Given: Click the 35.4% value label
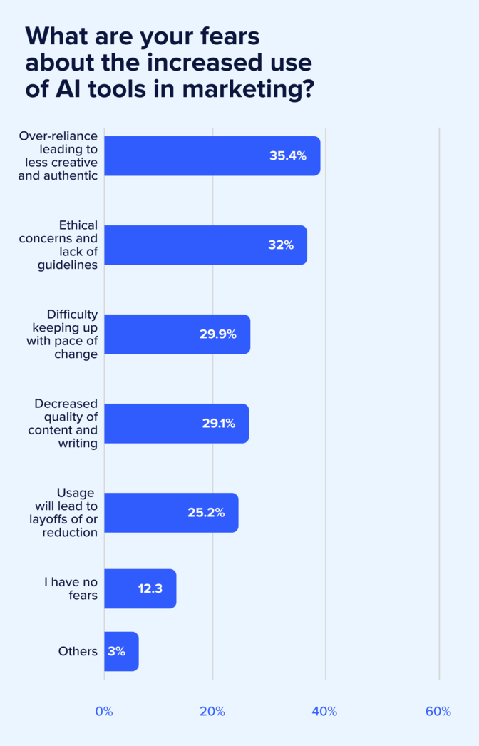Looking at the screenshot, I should pos(287,155).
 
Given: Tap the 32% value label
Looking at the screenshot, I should pos(281,245).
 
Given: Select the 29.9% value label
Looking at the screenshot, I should pos(217,334).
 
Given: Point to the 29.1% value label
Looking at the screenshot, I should pos(219,423).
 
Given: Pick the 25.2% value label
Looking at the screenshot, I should pos(206,512).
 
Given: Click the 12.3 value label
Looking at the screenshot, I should pos(150,588).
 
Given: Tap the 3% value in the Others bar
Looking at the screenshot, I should pos(116,651).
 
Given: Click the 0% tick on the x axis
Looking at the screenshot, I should pos(104,711).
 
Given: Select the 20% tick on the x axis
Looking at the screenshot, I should pos(212,711).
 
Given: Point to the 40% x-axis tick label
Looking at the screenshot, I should pos(325,711).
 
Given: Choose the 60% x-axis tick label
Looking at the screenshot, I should pos(438,711).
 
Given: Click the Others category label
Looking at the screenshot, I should pos(78,651).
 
